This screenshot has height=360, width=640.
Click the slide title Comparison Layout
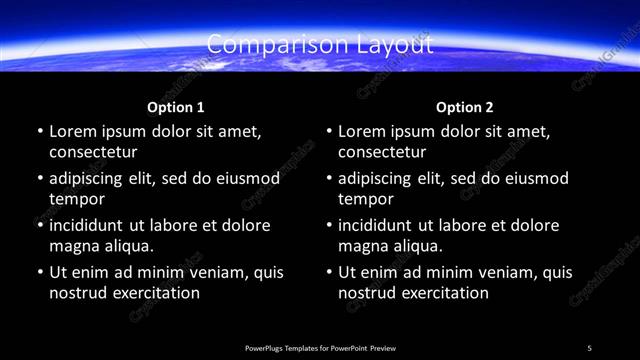point(320,45)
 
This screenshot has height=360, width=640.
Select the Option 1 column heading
point(176,107)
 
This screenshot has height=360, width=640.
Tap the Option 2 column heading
point(465,107)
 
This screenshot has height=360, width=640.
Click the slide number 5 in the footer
point(589,347)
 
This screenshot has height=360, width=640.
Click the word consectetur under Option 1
point(93,152)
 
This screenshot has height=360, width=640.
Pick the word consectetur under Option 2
point(382,152)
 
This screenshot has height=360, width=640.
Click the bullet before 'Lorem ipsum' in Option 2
point(328,132)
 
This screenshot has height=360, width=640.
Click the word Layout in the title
point(397,45)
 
